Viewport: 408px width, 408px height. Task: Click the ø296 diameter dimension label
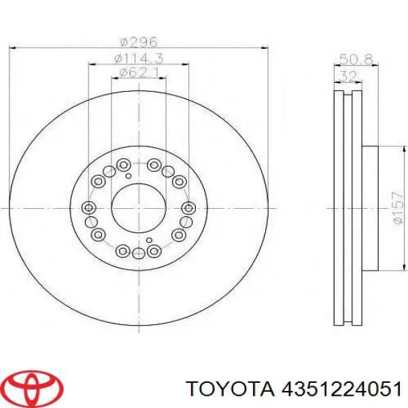[139, 42]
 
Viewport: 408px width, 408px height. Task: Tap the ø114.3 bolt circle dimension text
[139, 58]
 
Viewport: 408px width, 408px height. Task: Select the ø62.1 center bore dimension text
[139, 73]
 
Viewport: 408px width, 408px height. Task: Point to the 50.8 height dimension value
[356, 60]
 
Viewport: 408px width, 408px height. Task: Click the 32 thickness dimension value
[349, 76]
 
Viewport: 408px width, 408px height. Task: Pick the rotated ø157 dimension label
[398, 209]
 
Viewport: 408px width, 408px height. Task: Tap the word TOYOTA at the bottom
[231, 390]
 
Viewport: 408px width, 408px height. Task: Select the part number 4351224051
[341, 390]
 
